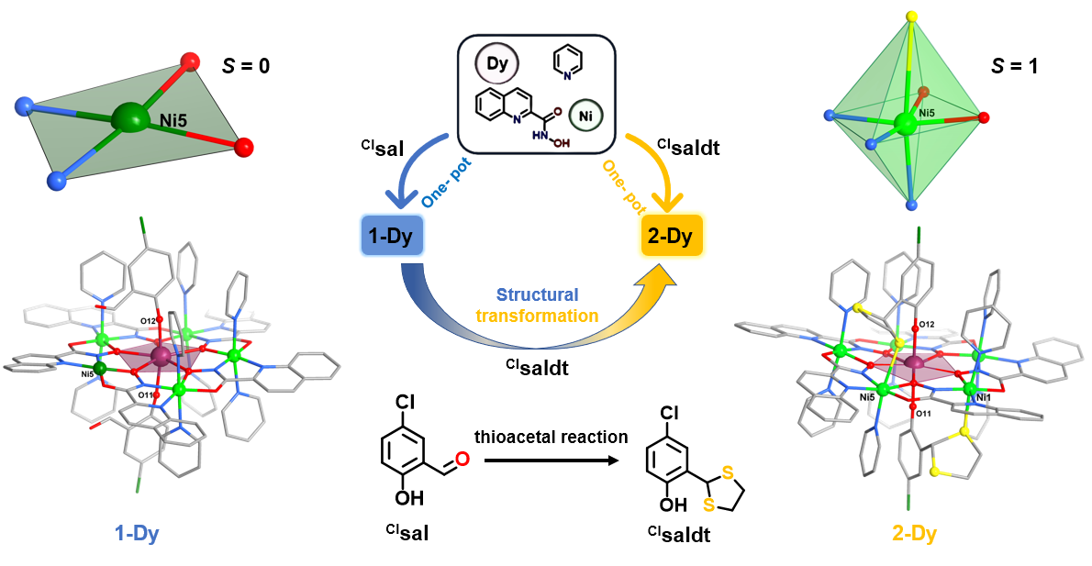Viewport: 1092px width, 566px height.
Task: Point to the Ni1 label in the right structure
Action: (x=985, y=398)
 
